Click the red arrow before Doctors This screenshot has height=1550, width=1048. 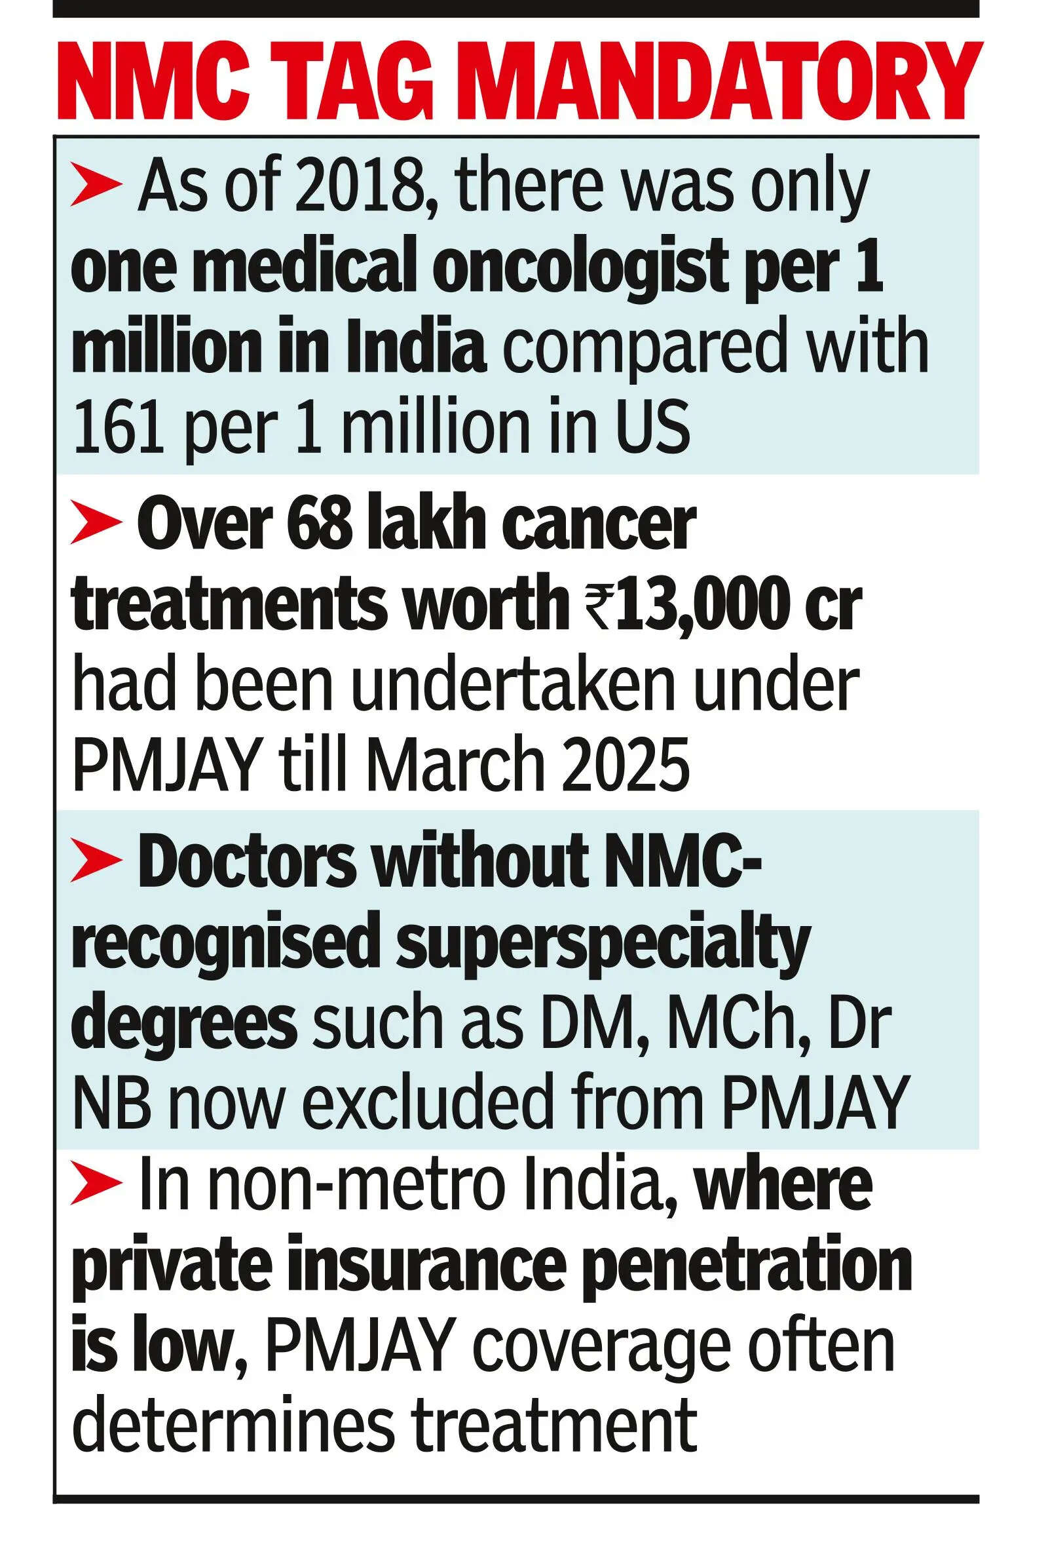(x=96, y=861)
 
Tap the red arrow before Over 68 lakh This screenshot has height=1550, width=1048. (x=96, y=526)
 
